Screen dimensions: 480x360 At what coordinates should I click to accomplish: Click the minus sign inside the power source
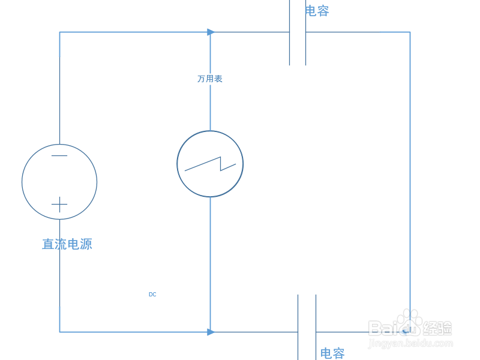click(x=59, y=156)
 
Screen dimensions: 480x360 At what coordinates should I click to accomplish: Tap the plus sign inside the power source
click(x=59, y=205)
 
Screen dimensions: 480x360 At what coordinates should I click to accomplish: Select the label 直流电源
click(x=67, y=244)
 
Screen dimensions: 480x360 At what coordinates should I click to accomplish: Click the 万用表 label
click(x=210, y=79)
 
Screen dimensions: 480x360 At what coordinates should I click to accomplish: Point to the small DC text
click(x=152, y=295)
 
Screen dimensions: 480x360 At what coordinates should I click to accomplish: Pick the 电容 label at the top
click(x=317, y=11)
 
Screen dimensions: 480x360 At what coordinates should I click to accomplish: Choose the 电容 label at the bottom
click(x=332, y=353)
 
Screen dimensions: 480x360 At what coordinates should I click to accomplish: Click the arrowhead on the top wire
click(x=211, y=32)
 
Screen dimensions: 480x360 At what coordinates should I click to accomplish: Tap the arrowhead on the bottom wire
click(x=211, y=332)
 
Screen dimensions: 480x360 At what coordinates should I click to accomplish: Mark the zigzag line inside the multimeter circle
click(x=210, y=164)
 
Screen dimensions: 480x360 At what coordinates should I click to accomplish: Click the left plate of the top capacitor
click(x=290, y=32)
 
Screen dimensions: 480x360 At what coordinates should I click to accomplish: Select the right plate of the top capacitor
click(x=305, y=32)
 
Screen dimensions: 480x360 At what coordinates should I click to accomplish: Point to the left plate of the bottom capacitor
click(x=298, y=327)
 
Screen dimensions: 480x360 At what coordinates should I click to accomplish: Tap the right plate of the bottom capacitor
click(x=316, y=327)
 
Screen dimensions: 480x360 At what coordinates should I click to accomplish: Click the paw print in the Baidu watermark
click(x=410, y=322)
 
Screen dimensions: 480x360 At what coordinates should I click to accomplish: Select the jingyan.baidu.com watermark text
click(x=410, y=344)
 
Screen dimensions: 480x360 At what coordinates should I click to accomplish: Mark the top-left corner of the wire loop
click(x=59, y=32)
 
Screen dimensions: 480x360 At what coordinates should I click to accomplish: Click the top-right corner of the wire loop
click(x=410, y=32)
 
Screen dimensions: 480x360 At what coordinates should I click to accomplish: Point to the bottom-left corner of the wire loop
click(x=59, y=332)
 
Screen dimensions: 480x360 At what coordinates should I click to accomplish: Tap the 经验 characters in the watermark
click(x=438, y=328)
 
